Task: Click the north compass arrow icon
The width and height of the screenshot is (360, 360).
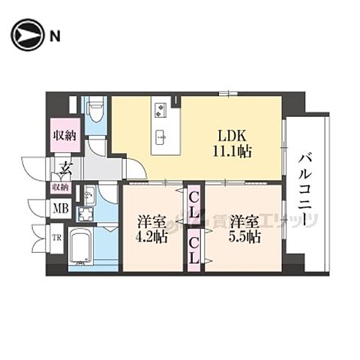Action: [x=25, y=34]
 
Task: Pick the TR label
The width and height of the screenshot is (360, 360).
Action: [x=55, y=241]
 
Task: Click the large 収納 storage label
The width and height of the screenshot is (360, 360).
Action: [x=64, y=136]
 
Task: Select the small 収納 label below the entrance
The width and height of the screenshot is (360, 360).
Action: [x=60, y=186]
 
